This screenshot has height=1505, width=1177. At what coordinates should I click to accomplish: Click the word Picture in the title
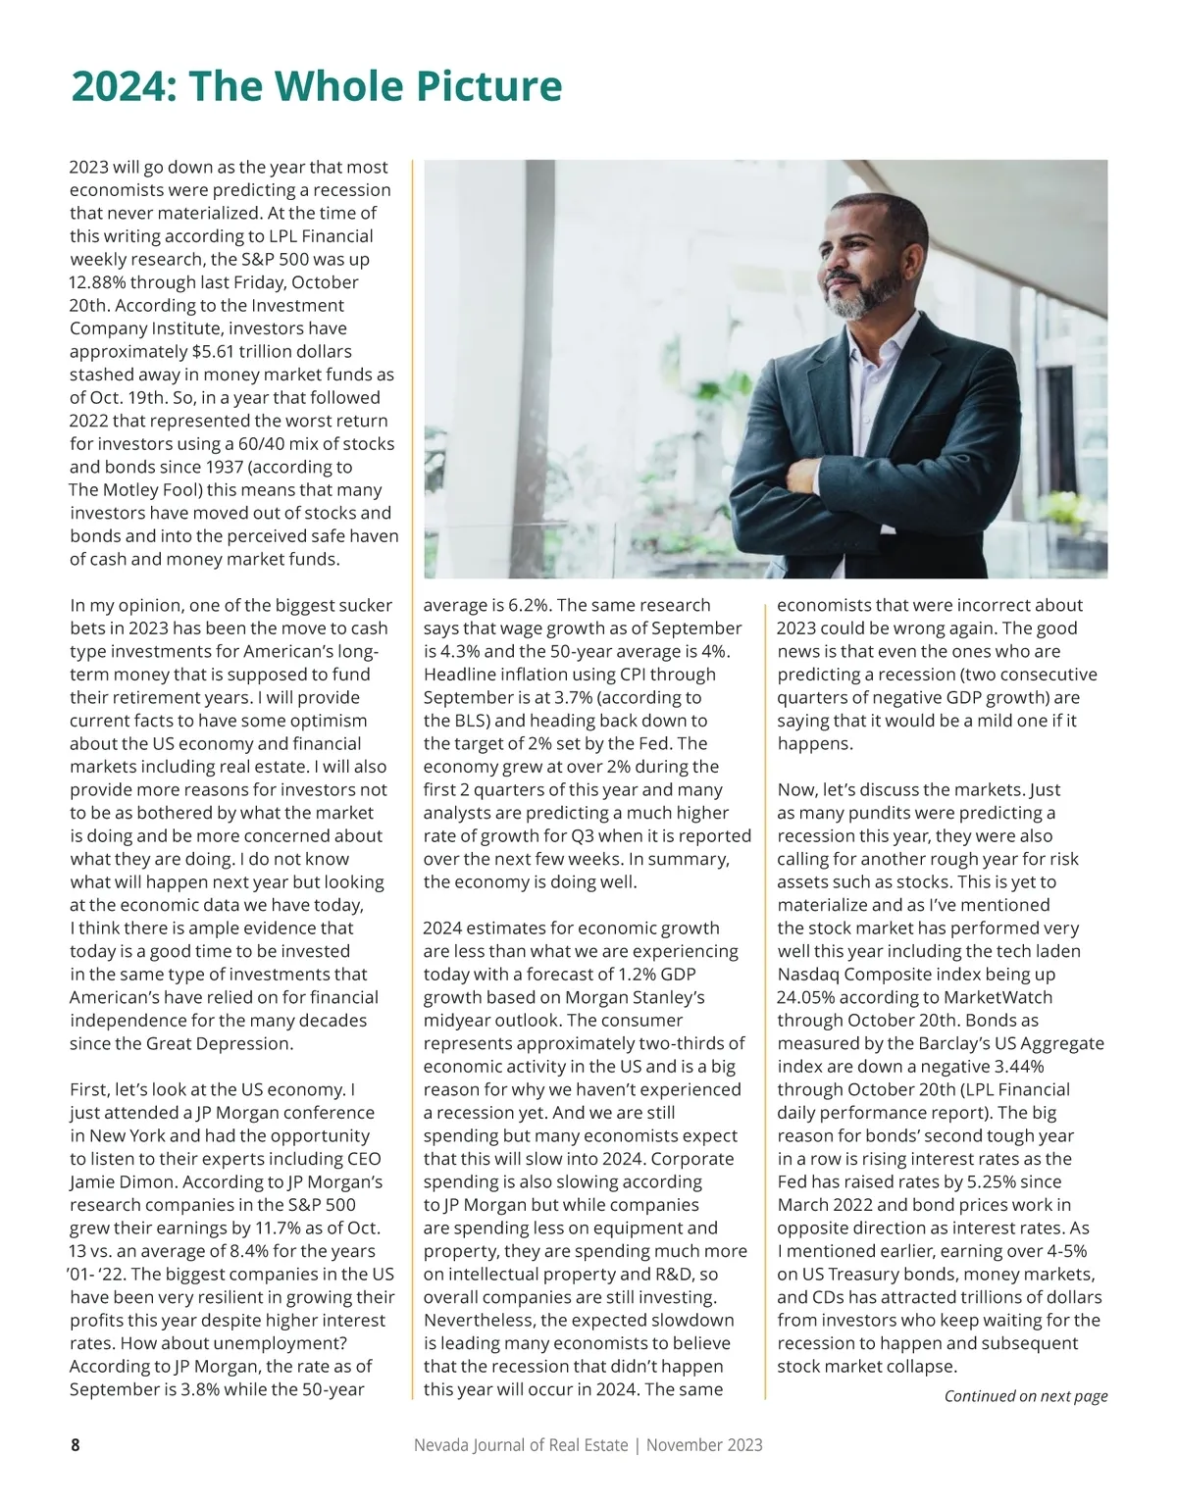(x=481, y=87)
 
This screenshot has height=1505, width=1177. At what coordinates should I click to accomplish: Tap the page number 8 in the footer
(x=75, y=1444)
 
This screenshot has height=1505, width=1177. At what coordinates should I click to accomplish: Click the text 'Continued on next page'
(x=1025, y=1396)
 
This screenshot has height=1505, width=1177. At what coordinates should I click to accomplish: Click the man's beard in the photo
(x=868, y=294)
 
